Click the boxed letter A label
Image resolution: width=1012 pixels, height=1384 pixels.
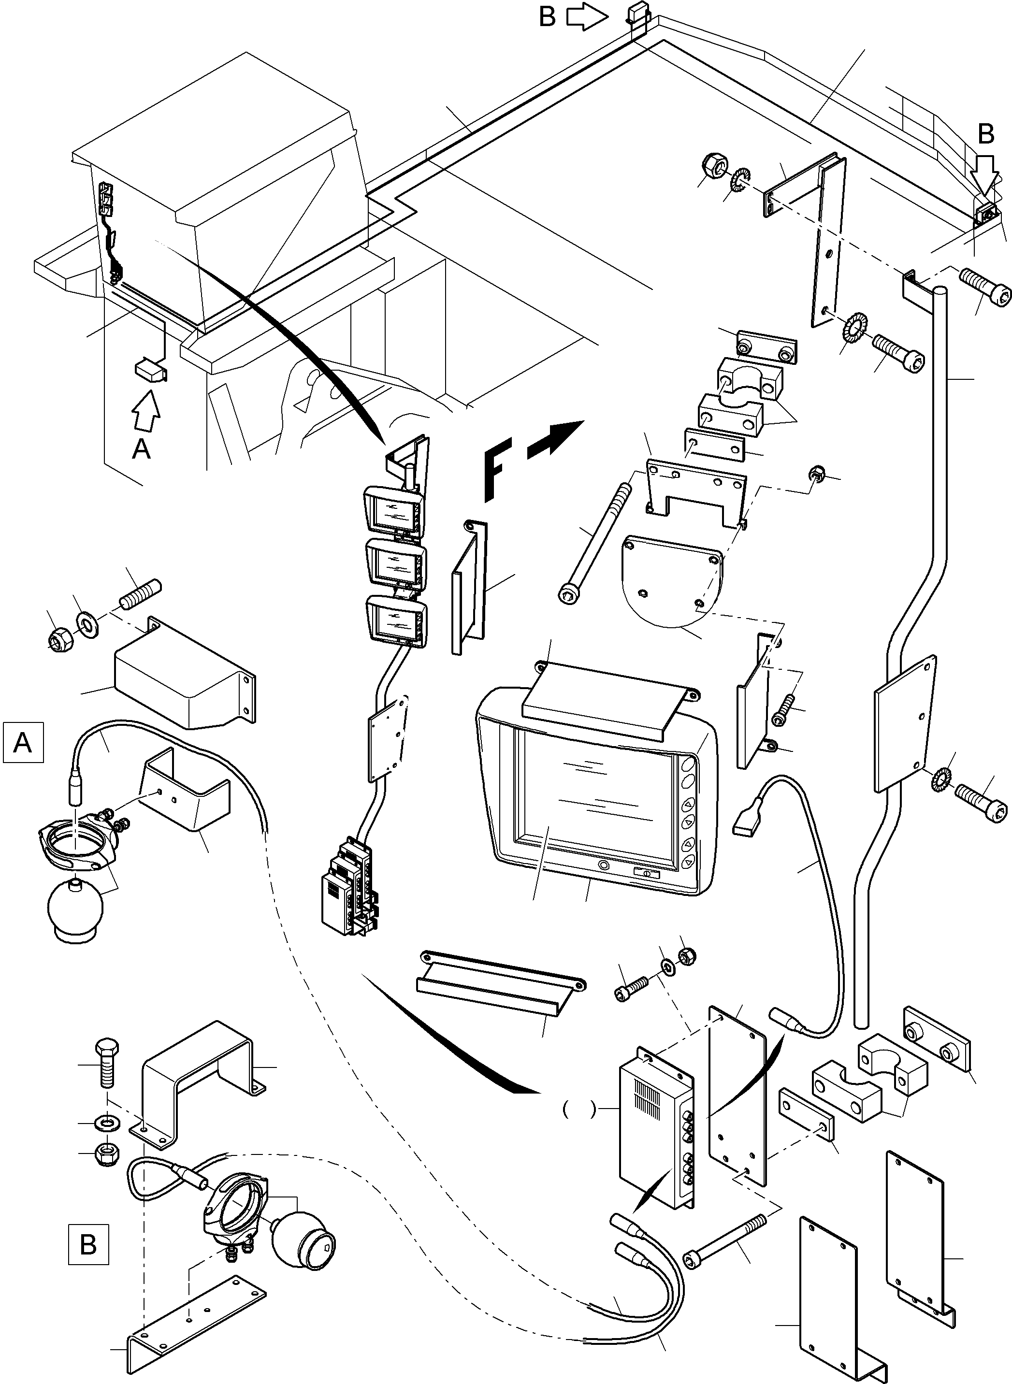(x=23, y=742)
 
